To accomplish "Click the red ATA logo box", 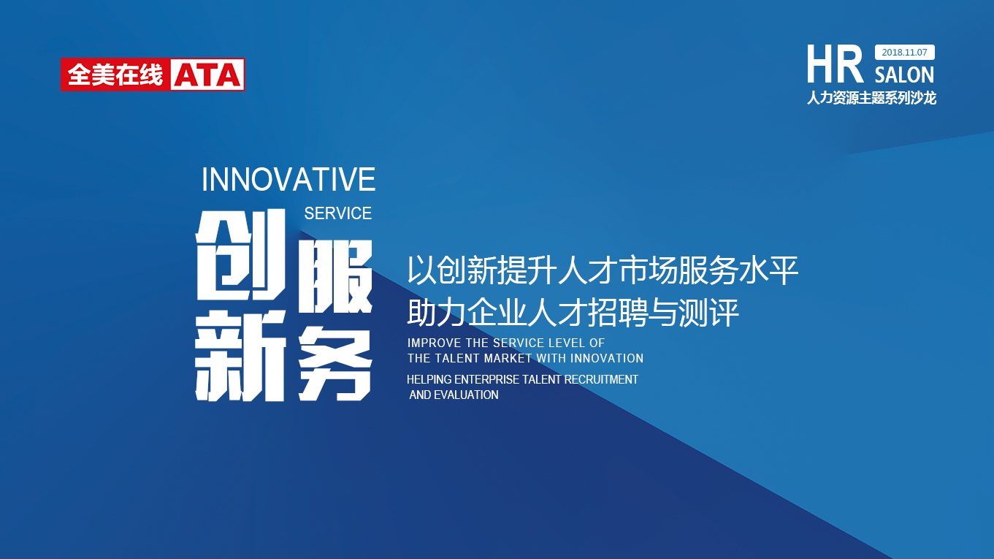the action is pos(153,75).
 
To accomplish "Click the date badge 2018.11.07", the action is pos(904,53).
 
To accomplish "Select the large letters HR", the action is pos(835,65).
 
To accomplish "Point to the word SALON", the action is pos(904,75).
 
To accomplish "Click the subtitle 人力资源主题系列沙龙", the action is pos(871,98).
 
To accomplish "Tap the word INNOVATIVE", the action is pos(288,179).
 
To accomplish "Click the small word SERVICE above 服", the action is pos(337,213).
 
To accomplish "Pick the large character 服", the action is pos(335,277).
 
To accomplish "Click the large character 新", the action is pos(240,355).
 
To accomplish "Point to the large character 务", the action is pos(335,363).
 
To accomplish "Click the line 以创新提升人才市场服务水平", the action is pos(603,270).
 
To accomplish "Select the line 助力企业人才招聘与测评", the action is pos(573,313).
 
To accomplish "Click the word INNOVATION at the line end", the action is pos(607,358).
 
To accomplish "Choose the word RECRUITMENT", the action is pos(601,380).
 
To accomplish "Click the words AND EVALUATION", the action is pos(454,395).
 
